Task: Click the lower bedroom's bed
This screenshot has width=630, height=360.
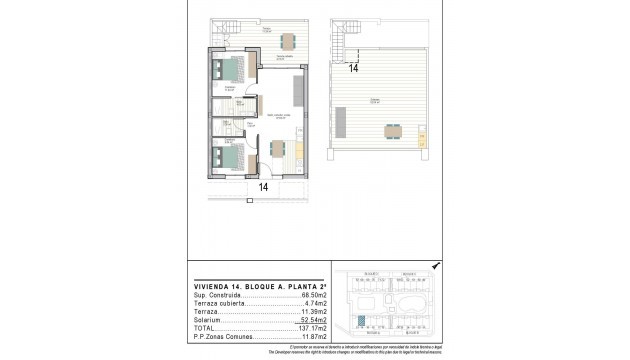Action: tap(229, 157)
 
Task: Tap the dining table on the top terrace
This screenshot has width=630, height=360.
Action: tap(289, 41)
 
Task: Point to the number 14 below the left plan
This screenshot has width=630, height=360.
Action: tap(264, 186)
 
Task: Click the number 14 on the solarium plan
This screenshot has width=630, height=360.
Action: tap(354, 68)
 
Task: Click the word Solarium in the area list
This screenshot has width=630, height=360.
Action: tap(204, 318)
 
